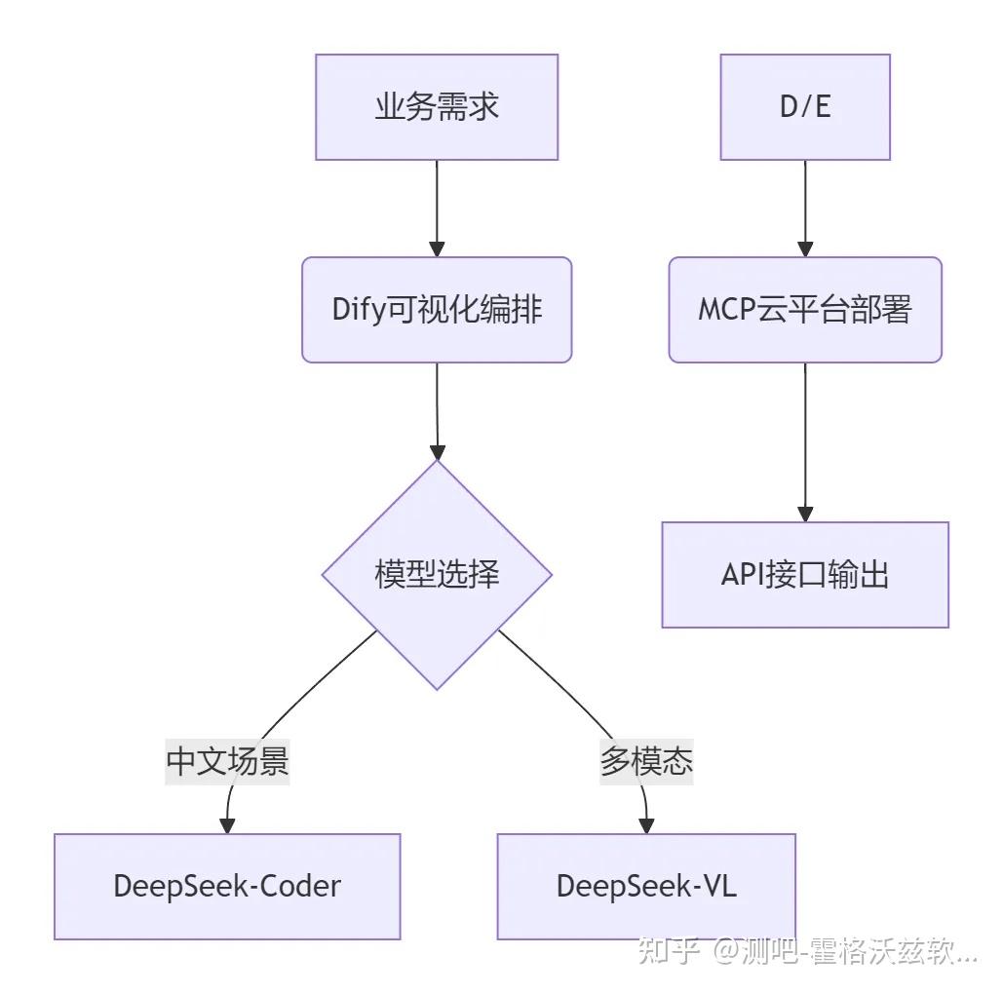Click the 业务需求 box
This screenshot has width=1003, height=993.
(437, 107)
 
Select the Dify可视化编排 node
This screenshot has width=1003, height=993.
(437, 310)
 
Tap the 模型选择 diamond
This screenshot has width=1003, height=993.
(437, 575)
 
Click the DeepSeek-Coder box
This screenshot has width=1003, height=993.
(227, 886)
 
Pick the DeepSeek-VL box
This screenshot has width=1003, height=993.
(646, 886)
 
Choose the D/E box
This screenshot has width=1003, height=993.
(805, 107)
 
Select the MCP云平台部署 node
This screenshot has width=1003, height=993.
(805, 310)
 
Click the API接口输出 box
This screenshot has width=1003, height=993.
(805, 575)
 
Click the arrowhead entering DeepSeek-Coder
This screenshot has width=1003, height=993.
(227, 824)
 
